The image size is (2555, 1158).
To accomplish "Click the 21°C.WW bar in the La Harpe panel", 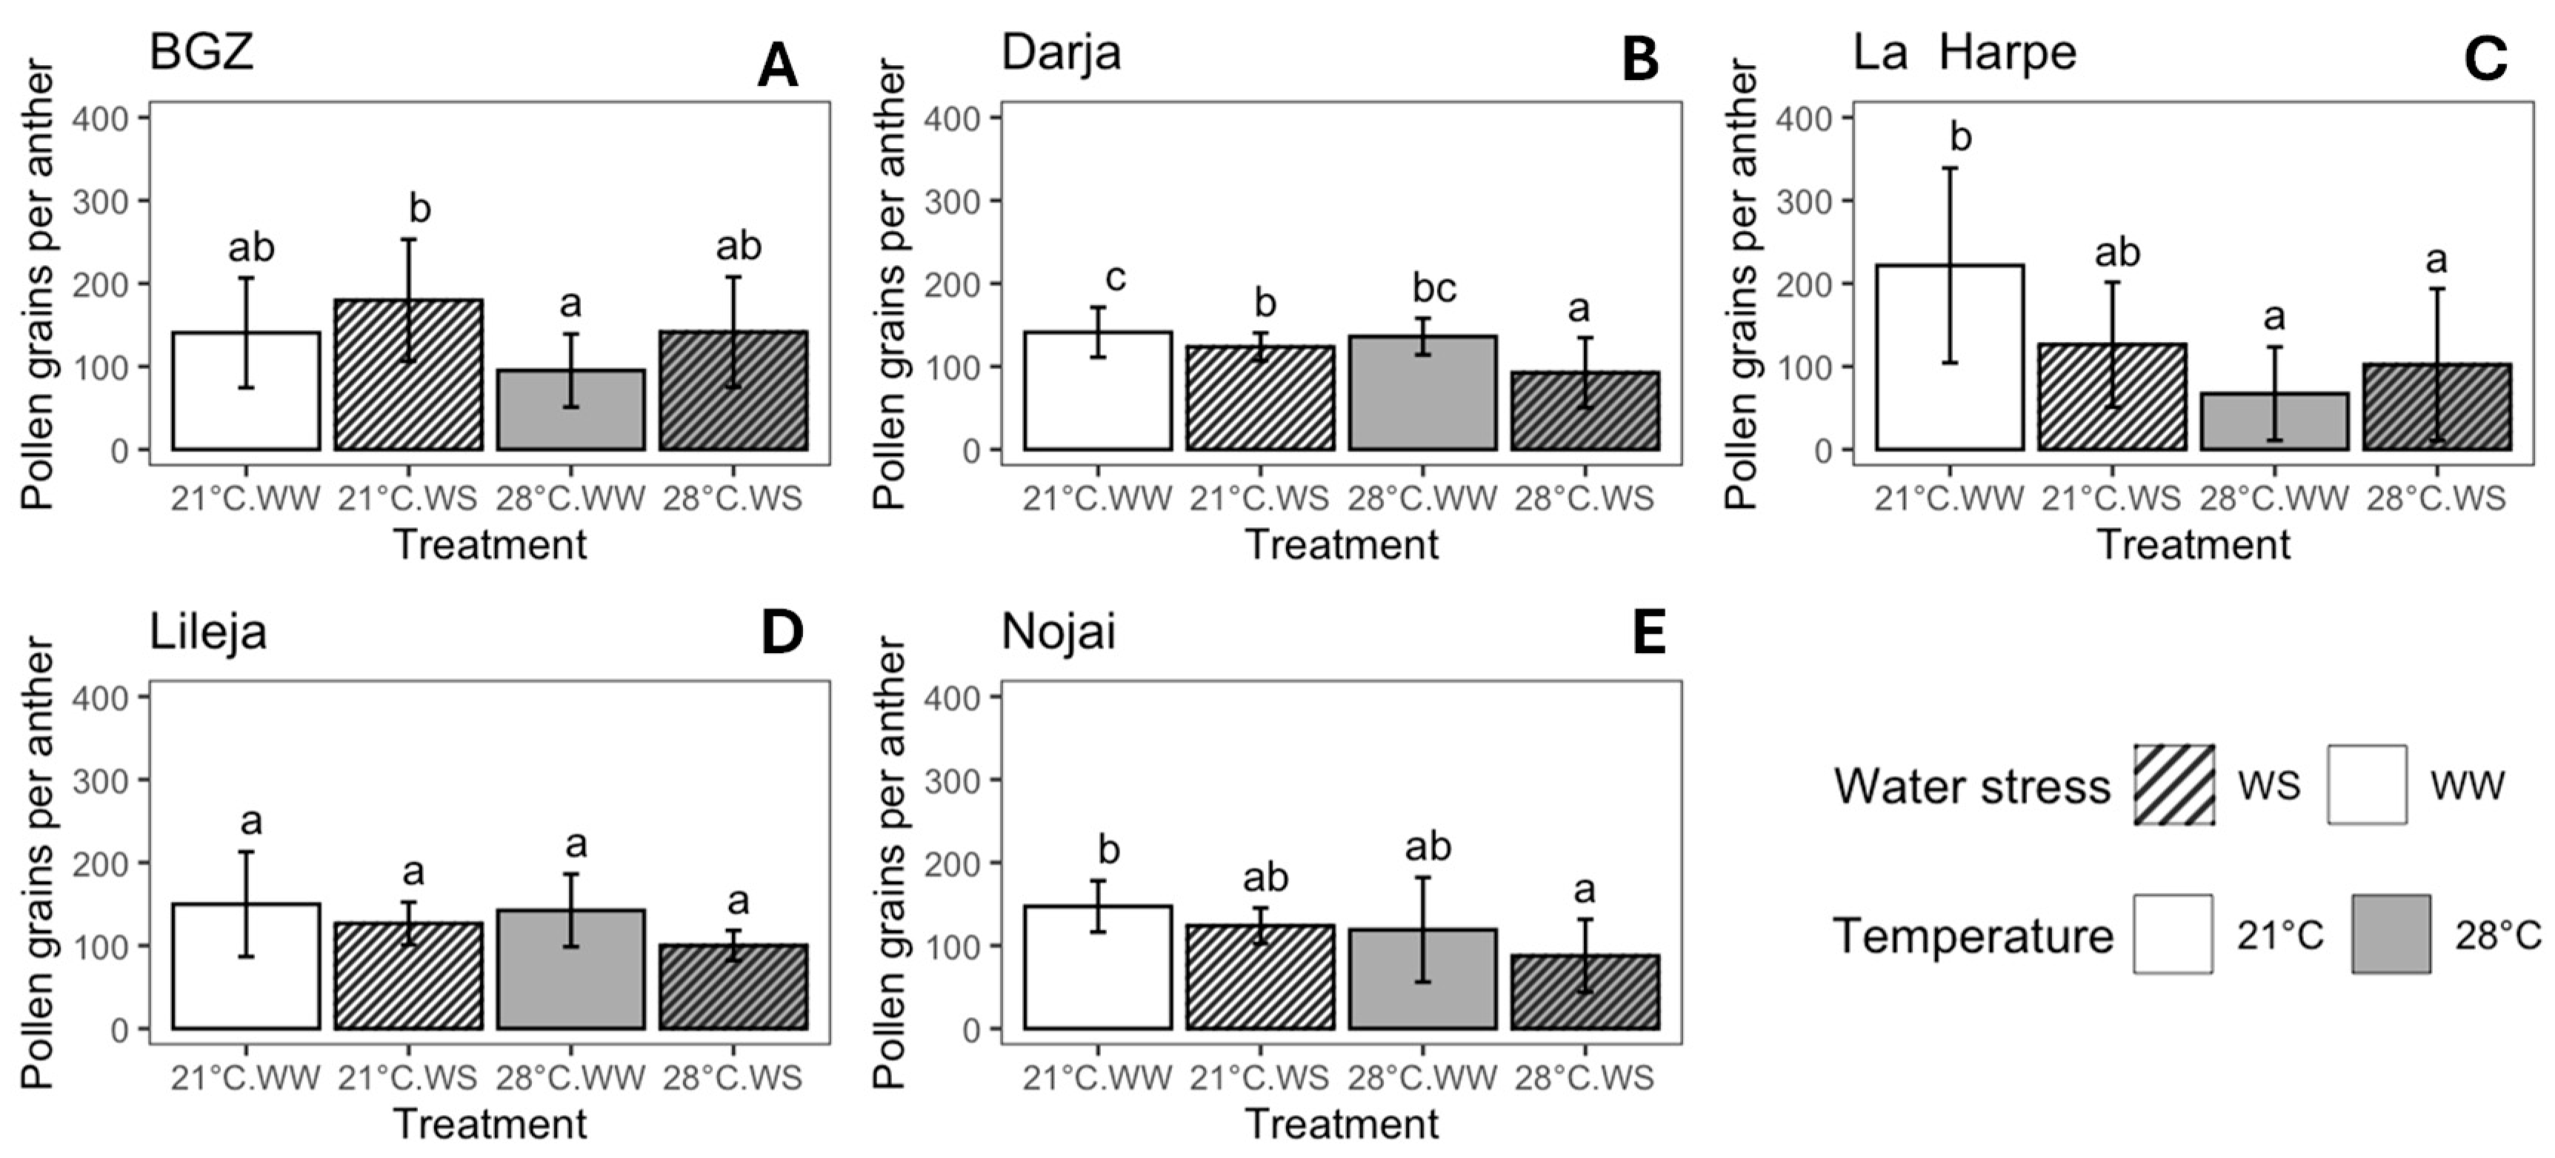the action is point(1949,357).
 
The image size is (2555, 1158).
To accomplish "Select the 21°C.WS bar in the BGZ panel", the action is point(409,375).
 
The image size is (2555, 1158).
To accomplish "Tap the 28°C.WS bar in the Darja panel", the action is point(1585,410).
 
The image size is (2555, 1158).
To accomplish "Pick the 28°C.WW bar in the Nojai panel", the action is point(1422,979).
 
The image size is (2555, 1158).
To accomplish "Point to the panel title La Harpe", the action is point(1965,52).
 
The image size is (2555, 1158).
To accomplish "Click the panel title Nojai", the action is point(1059,632).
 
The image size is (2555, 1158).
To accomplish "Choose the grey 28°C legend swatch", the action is point(2391,934).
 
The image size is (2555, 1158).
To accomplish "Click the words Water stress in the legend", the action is point(1972,786).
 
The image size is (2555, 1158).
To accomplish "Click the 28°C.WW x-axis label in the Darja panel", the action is point(1422,498).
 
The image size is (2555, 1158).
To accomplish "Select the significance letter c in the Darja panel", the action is point(1115,278).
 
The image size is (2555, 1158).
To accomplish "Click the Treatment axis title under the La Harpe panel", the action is point(2194,544).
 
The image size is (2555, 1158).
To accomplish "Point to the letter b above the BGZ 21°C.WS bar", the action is point(421,210).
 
